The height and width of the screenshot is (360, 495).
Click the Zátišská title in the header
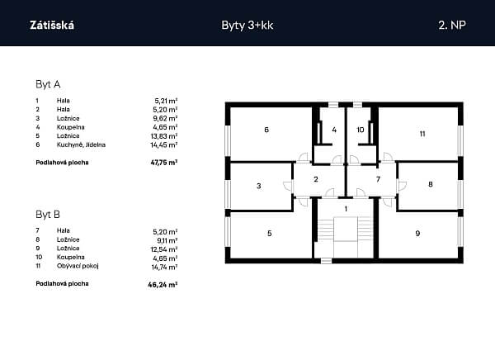click(52, 25)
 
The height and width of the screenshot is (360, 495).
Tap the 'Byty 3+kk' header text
click(247, 26)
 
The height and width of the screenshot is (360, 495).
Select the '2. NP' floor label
click(452, 25)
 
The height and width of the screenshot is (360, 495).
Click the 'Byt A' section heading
click(48, 84)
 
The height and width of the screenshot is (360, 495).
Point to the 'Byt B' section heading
click(48, 215)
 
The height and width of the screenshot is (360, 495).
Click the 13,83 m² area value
click(164, 136)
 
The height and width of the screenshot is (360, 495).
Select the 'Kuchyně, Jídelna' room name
click(81, 144)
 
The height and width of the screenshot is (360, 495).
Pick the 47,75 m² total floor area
click(164, 163)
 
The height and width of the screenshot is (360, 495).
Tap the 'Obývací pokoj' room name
click(78, 266)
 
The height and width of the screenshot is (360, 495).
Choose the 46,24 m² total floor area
click(163, 285)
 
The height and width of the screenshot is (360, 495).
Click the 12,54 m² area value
click(164, 249)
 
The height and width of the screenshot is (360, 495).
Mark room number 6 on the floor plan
click(266, 130)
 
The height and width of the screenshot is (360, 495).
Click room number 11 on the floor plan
click(422, 134)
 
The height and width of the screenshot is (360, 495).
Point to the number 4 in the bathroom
click(334, 130)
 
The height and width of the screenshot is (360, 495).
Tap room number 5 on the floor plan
click(269, 234)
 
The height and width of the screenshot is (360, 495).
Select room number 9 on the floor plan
click(417, 234)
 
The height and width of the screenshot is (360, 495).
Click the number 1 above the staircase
click(346, 209)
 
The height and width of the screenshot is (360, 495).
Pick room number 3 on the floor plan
click(259, 186)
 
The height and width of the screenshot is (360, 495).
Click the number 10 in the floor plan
click(361, 130)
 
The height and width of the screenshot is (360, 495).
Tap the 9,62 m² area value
click(165, 119)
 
